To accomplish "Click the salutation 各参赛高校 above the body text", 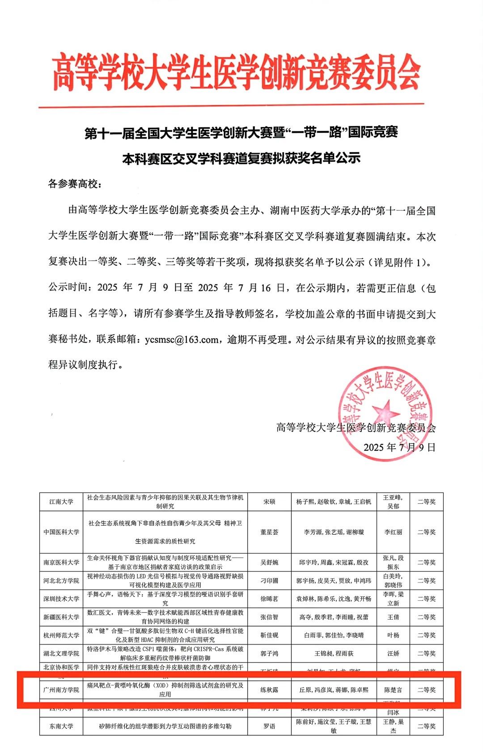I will pyautogui.click(x=75, y=183).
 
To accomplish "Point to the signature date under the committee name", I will pyautogui.click(x=399, y=447).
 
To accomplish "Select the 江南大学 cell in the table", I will pyautogui.click(x=61, y=501).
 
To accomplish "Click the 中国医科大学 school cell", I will pyautogui.click(x=61, y=532).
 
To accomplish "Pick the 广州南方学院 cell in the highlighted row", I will pyautogui.click(x=61, y=690).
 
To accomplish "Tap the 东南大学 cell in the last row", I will pyautogui.click(x=61, y=726).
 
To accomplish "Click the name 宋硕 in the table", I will pyautogui.click(x=269, y=501).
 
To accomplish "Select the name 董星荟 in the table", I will pyautogui.click(x=269, y=532).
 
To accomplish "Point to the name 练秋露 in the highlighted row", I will pyautogui.click(x=269, y=690).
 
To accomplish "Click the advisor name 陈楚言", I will pyautogui.click(x=393, y=690).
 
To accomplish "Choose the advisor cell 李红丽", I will pyautogui.click(x=393, y=532).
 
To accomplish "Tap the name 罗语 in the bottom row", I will pyautogui.click(x=269, y=726).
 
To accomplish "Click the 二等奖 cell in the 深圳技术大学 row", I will pyautogui.click(x=426, y=599).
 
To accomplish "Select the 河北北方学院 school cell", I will pyautogui.click(x=61, y=580).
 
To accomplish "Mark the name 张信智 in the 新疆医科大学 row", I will pyautogui.click(x=269, y=617).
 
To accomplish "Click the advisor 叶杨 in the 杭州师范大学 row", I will pyautogui.click(x=393, y=635).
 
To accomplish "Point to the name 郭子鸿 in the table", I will pyautogui.click(x=269, y=654).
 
